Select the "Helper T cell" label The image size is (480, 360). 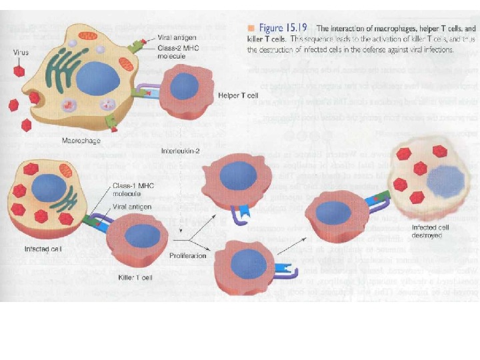coord(238,95)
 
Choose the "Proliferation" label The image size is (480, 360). coord(187,255)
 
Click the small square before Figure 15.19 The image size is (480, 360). coord(251,28)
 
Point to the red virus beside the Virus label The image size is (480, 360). coord(20,69)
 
